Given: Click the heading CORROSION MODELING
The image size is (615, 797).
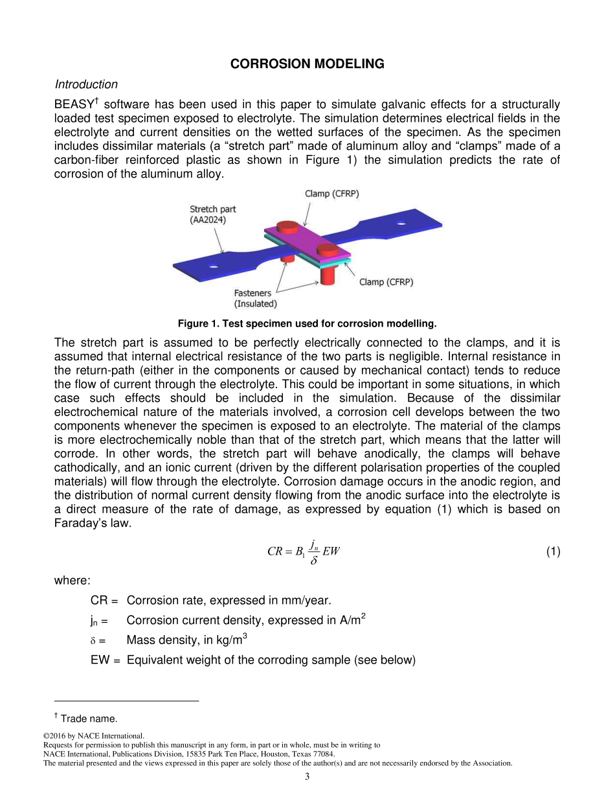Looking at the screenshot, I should (307, 64).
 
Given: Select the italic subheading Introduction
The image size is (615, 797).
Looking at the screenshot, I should (86, 84).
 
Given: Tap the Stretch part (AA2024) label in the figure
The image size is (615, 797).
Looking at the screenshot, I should (212, 214).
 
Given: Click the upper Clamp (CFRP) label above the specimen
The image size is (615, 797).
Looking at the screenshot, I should (331, 194).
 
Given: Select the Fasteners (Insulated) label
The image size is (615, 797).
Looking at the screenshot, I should (255, 298).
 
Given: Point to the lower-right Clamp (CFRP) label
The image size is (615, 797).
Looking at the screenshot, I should (386, 282).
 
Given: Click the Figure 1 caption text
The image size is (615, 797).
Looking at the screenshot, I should (307, 323).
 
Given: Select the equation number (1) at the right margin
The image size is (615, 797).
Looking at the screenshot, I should (552, 551).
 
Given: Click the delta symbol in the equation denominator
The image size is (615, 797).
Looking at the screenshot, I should (313, 560).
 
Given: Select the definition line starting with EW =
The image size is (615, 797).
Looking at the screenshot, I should (252, 660).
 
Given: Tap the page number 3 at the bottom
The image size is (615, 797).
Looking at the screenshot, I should (307, 776).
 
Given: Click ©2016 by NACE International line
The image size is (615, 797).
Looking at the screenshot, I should (93, 736).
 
